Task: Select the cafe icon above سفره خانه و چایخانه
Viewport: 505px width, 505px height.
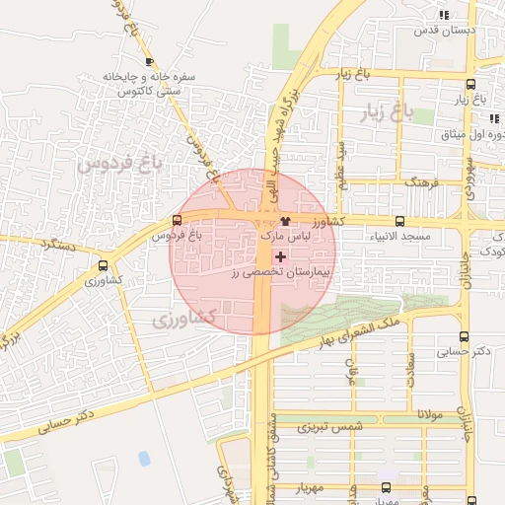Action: pos(149,61)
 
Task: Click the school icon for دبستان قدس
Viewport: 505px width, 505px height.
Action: pos(445,15)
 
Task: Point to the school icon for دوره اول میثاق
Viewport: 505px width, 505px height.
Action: pos(493,118)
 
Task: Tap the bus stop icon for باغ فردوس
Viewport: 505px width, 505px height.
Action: pos(177,220)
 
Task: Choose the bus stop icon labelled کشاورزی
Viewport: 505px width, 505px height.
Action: pos(104,265)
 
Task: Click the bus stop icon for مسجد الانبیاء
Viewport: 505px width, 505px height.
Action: pos(399,222)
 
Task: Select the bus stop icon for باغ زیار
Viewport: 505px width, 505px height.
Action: pos(469,85)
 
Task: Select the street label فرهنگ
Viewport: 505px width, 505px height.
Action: pos(422,183)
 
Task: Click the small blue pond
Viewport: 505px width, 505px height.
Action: pos(145,458)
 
